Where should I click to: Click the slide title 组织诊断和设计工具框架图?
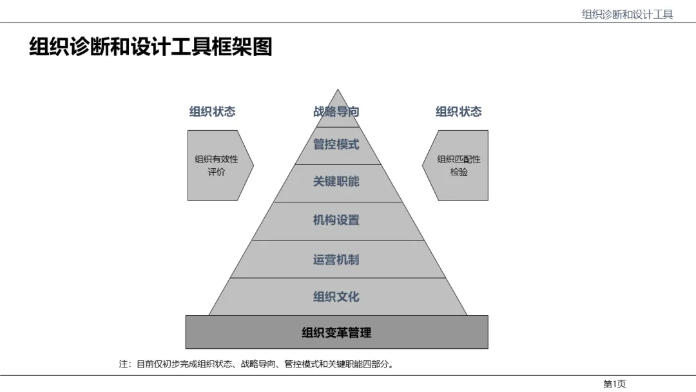[x=151, y=47]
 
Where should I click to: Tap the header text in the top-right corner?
[x=627, y=14]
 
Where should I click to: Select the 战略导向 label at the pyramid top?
[x=336, y=112]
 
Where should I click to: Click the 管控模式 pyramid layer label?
[x=336, y=144]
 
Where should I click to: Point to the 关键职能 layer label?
[x=336, y=182]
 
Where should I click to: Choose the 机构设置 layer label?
[x=336, y=220]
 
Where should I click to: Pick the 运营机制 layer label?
[x=336, y=260]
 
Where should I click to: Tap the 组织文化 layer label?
[x=336, y=297]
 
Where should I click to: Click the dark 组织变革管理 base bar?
[x=336, y=333]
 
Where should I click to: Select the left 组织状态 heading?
[x=212, y=112]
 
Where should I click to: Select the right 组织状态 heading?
[x=458, y=112]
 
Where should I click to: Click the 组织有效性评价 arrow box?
[x=217, y=166]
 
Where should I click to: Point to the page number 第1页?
[x=614, y=384]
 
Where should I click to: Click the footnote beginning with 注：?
[x=256, y=364]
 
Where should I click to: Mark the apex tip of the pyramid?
[x=336, y=90]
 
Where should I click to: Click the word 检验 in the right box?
[x=459, y=173]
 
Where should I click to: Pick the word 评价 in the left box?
[x=217, y=173]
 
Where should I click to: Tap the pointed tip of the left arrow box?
[x=253, y=166]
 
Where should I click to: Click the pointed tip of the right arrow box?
[x=423, y=166]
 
